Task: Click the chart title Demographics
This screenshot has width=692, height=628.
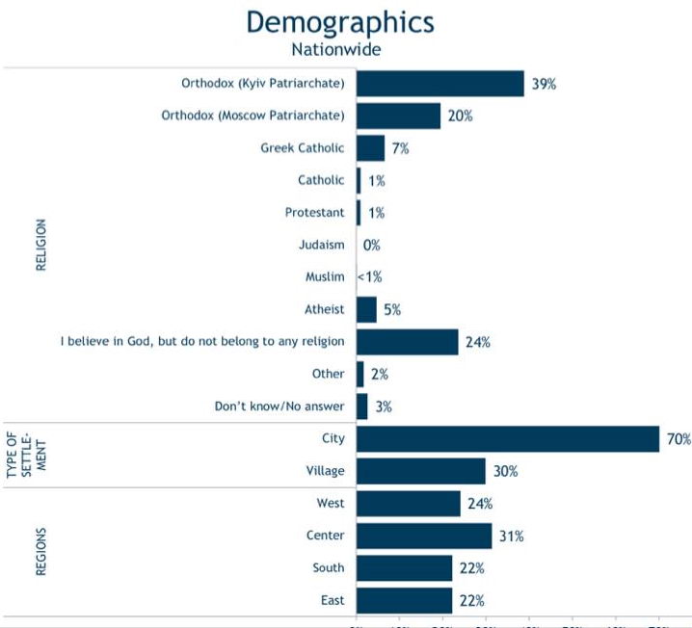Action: coord(340,22)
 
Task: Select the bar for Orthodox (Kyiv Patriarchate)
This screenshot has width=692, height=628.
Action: coord(439,84)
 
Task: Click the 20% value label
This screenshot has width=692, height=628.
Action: coord(459,116)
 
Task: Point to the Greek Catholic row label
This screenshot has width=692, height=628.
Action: coord(302,148)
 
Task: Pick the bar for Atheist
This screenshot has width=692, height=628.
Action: coord(366,309)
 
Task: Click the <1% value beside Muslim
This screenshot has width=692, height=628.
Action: coord(370,277)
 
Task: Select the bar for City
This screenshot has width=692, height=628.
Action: coord(507,438)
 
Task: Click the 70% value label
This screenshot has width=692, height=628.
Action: coord(679,439)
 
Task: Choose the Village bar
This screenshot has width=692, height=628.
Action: coord(420,471)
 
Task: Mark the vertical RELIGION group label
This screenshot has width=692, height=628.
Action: coord(41,245)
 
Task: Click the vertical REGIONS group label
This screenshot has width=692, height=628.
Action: coord(41,552)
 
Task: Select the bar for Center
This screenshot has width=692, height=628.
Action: coord(424,536)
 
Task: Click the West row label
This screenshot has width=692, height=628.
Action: coord(330,503)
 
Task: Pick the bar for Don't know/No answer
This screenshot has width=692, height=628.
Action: coord(361,406)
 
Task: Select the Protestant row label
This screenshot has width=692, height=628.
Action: coord(314,212)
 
